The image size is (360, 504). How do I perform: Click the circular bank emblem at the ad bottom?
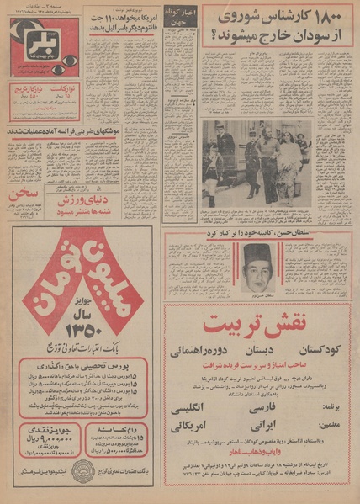(x=82, y=471)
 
